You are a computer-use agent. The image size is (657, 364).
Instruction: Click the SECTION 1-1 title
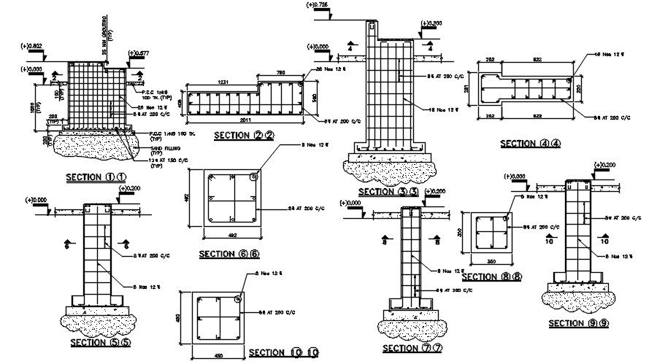pyautogui.click(x=96, y=177)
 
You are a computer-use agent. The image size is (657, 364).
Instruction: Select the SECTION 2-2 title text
pyautogui.click(x=244, y=135)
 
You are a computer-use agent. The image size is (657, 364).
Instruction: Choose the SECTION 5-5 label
pyautogui.click(x=100, y=341)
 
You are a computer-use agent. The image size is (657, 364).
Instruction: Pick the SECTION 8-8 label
pyautogui.click(x=491, y=277)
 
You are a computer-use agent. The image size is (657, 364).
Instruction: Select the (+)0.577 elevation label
pyautogui.click(x=139, y=53)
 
